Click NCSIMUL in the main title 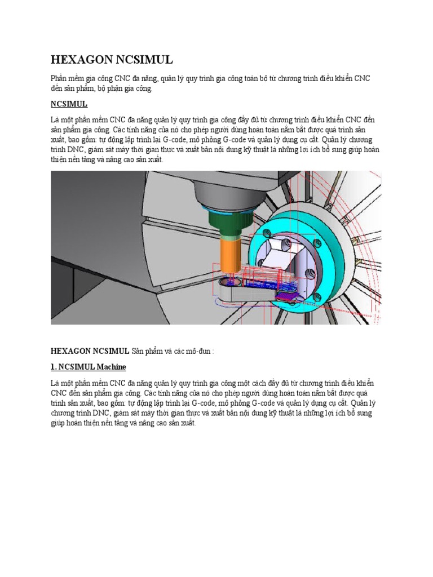point(144,60)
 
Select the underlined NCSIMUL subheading point(69,105)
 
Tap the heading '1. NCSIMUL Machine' point(88,367)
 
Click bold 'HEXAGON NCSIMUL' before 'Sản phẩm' point(90,351)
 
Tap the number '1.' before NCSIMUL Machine point(54,367)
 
